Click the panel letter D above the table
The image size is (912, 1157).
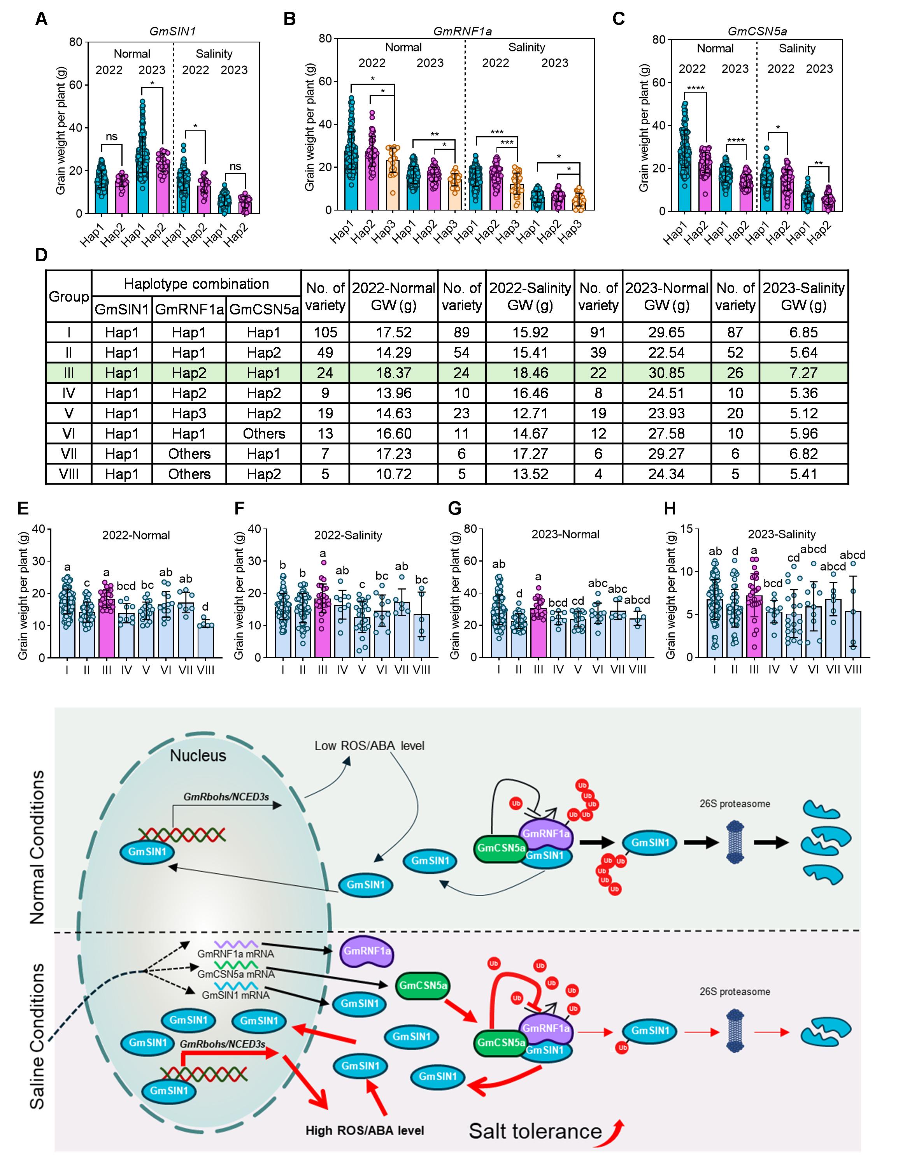click(x=41, y=255)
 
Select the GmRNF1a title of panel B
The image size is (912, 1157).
click(x=462, y=32)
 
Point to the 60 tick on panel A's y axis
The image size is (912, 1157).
click(x=76, y=85)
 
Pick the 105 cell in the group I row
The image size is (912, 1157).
click(x=325, y=332)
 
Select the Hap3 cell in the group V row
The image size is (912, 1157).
click(x=189, y=413)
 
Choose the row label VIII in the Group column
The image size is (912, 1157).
click(x=68, y=474)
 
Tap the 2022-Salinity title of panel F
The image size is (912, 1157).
click(x=348, y=535)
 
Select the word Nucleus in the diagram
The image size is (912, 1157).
click(x=198, y=755)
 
